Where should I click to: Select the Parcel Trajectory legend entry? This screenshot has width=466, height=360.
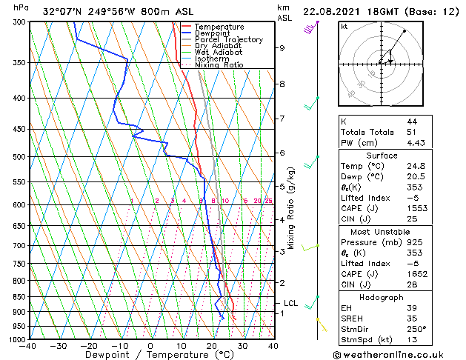pyautogui.click(x=228, y=40)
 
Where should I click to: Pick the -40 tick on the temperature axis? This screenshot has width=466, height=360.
pyautogui.click(x=28, y=345)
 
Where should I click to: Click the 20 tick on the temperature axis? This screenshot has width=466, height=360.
pyautogui.click(x=211, y=345)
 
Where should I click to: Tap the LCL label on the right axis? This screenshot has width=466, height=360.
pyautogui.click(x=290, y=303)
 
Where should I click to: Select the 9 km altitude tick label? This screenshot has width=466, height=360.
pyautogui.click(x=282, y=48)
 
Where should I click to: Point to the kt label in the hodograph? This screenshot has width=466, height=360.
pyautogui.click(x=344, y=27)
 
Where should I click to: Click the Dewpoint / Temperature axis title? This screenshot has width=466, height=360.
pyautogui.click(x=151, y=355)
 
